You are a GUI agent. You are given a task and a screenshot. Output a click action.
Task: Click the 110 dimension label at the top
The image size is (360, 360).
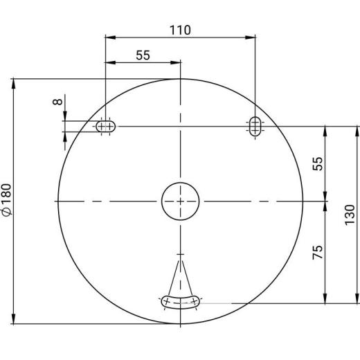tap(180, 30)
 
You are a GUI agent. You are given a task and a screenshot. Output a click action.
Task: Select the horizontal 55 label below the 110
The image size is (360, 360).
tap(143, 56)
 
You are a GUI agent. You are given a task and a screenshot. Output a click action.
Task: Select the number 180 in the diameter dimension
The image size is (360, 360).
tap(6, 195)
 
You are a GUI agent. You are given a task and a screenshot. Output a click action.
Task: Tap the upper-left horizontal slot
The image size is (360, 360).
tap(105, 126)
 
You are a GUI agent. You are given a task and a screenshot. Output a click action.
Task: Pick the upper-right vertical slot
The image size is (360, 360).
tap(256, 126)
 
